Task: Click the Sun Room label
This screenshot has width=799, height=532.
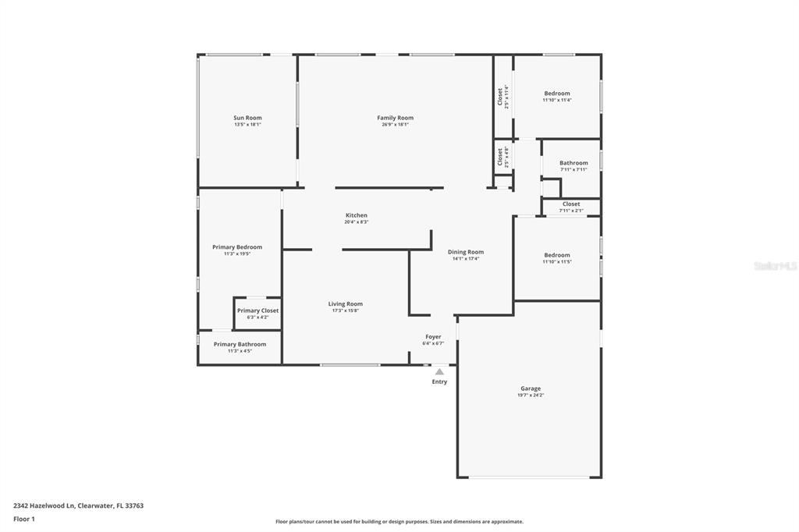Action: point(247,118)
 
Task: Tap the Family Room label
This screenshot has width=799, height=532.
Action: point(396,118)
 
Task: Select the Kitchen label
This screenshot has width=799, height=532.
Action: point(356,215)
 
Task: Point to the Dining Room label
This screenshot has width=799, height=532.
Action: point(466,252)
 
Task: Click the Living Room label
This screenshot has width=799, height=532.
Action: point(346,303)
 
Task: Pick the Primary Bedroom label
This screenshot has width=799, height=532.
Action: point(237,247)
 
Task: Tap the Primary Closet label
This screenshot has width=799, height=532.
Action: point(257,310)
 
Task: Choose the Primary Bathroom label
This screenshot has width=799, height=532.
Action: point(240,344)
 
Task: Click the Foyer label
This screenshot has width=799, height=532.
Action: point(433,337)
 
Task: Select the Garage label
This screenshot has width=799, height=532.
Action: point(531,388)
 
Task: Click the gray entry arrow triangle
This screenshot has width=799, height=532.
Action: point(439,372)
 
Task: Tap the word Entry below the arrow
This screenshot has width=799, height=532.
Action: point(439,381)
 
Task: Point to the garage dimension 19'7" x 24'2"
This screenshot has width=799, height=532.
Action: point(531,395)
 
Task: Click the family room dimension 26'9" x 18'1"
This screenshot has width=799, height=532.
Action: point(396,124)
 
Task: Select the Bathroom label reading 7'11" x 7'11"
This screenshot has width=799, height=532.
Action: point(574,163)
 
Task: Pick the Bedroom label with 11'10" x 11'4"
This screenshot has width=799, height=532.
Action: point(557,94)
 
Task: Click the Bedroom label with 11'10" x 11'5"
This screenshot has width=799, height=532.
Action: point(557,255)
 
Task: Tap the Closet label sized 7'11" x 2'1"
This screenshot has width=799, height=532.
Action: point(571,204)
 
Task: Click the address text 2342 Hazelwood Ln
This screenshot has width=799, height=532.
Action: point(44,506)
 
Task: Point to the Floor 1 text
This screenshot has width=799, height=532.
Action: point(24,520)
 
